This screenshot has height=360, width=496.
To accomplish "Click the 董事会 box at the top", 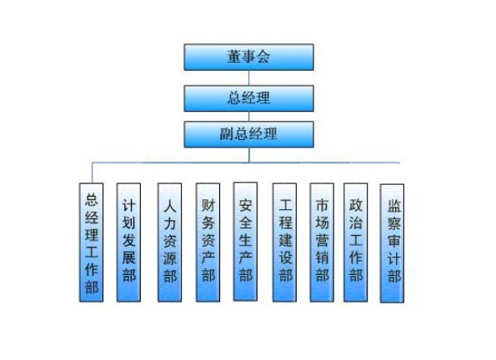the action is click(x=249, y=57).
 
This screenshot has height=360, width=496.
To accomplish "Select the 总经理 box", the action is click(x=249, y=98).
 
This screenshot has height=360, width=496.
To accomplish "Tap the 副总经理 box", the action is click(x=249, y=134).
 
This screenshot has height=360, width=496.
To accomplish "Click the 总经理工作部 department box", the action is click(x=91, y=242).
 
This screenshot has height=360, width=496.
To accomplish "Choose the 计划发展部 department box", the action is click(x=128, y=242).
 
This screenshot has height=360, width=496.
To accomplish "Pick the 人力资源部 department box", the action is click(x=170, y=242).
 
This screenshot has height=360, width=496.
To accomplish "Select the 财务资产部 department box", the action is click(x=208, y=242).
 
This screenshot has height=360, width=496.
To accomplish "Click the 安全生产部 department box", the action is click(x=245, y=242).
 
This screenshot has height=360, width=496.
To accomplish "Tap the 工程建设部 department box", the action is click(x=285, y=242).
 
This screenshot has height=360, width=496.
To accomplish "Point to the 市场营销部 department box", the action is click(x=322, y=242).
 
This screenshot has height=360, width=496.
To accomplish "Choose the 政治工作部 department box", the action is click(x=356, y=242).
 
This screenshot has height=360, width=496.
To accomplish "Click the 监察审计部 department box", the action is click(x=393, y=243).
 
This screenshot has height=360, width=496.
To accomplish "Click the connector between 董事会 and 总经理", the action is click(x=249, y=77).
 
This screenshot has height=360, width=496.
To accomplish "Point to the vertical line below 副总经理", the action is click(x=249, y=155).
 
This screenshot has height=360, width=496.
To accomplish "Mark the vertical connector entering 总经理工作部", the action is click(x=92, y=172).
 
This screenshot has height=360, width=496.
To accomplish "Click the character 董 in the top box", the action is click(x=234, y=57).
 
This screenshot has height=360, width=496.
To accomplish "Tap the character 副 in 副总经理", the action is click(x=227, y=134).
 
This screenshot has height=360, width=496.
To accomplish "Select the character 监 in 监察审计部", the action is click(x=394, y=205).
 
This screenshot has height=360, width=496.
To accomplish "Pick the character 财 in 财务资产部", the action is click(x=208, y=205).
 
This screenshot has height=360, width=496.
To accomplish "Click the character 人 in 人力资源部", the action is click(x=170, y=207).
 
